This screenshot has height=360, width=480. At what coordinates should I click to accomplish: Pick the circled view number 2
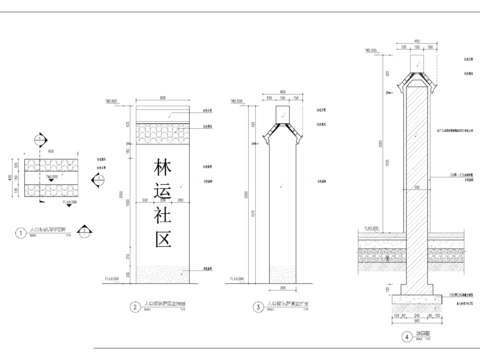(x=133, y=306)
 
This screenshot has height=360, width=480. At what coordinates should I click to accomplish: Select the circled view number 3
(x=258, y=306)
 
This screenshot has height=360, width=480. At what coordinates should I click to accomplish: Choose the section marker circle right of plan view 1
(x=100, y=180)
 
